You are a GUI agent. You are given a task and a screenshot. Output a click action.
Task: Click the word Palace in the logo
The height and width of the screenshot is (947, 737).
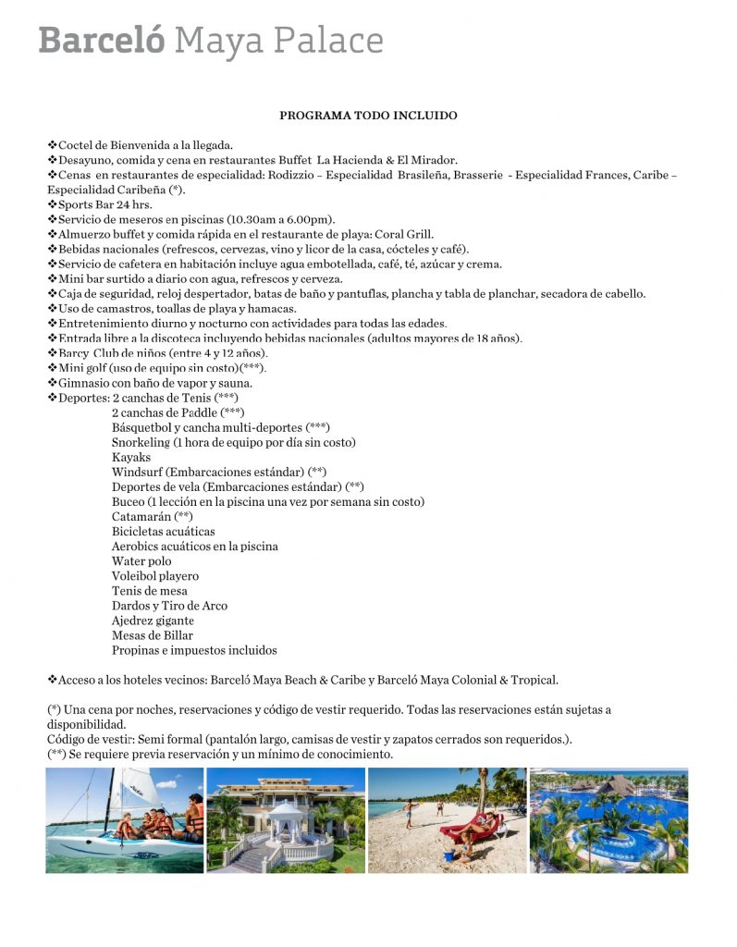pyautogui.click(x=329, y=41)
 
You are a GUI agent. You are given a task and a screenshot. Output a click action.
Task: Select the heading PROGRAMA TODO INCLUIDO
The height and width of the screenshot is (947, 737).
pyautogui.click(x=368, y=116)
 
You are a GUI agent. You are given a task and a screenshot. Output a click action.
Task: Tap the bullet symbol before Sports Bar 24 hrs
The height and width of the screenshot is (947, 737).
pyautogui.click(x=52, y=204)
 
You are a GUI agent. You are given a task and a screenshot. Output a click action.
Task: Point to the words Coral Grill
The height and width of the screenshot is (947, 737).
pyautogui.click(x=404, y=234)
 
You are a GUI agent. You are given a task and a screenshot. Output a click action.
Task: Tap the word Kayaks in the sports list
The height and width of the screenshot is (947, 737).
pyautogui.click(x=131, y=457)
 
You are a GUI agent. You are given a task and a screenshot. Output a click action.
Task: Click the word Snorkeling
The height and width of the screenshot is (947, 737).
pyautogui.click(x=141, y=442)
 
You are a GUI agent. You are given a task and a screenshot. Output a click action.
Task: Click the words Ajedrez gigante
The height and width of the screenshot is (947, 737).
pyautogui.click(x=153, y=621)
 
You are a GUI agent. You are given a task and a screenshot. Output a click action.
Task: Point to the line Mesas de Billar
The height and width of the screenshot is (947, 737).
pyautogui.click(x=153, y=635)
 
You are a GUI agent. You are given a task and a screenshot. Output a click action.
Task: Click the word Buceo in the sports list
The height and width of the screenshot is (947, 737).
pyautogui.click(x=129, y=501)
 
